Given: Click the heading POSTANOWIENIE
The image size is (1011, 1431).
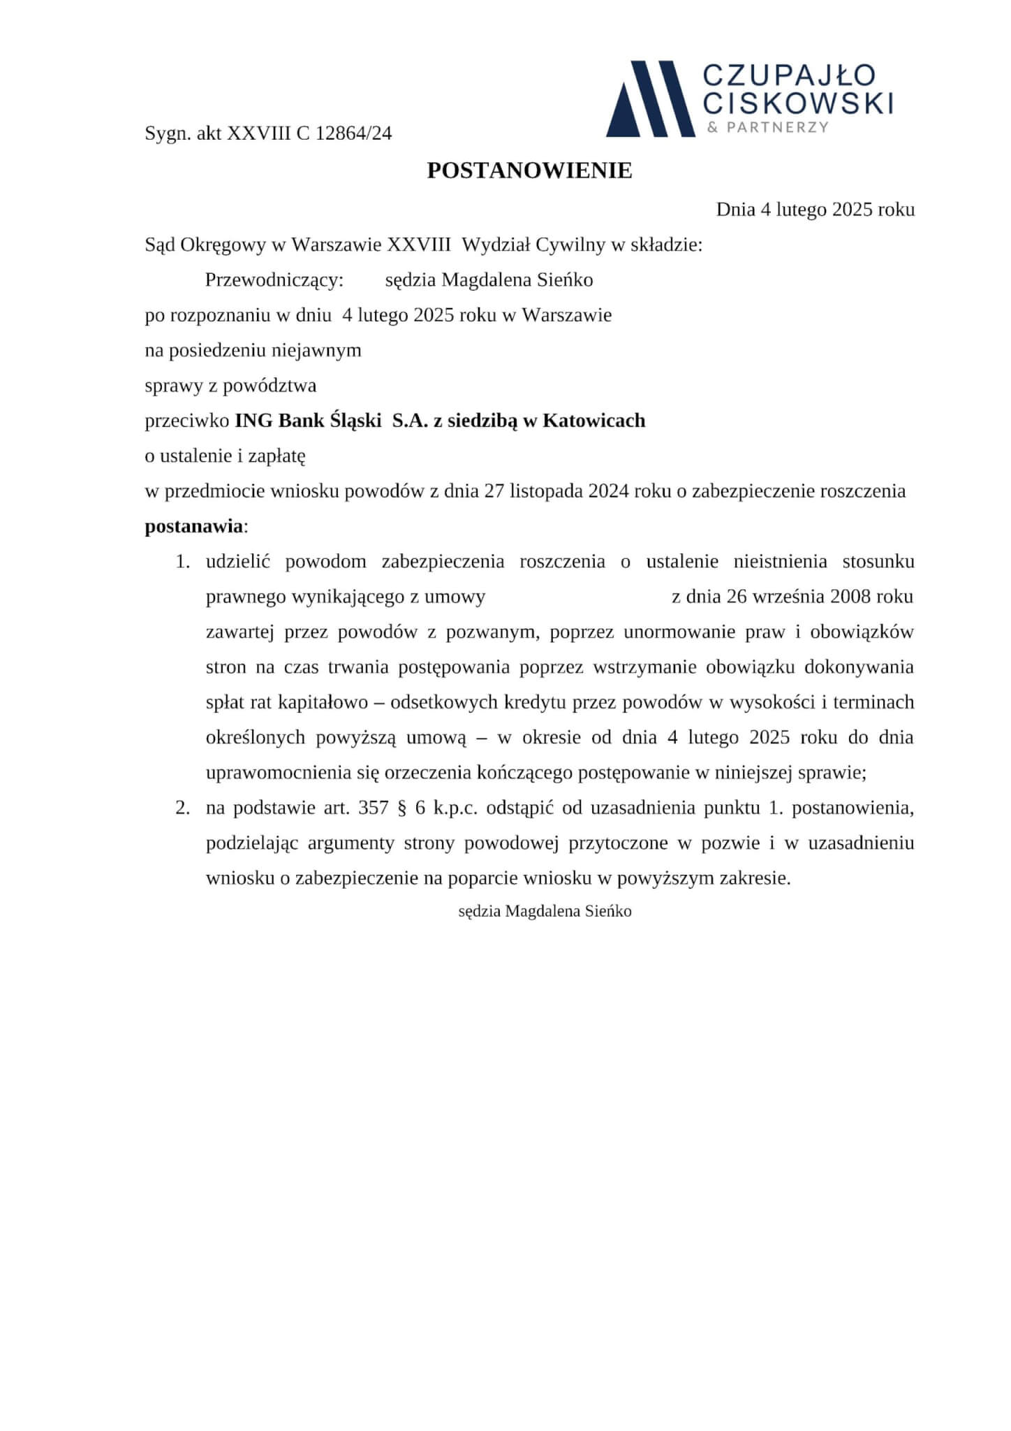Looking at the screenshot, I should coord(529,171).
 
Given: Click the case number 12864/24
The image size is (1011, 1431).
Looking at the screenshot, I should coord(353,133).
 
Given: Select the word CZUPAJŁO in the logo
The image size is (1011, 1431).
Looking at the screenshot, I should coord(789,75).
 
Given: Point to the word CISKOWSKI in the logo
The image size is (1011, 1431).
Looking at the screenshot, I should coord(797,103).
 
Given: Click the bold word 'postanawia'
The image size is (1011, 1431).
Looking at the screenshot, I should coord(193,526).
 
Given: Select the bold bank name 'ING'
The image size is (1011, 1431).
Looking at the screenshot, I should coord(254,421).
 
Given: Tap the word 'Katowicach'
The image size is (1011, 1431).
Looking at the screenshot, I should coord(594,421).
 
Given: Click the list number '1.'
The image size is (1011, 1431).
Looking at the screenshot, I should coord(182,562).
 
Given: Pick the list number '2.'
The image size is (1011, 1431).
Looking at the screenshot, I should coord(182,808).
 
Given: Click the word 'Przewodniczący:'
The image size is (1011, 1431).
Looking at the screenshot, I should coord(274,280).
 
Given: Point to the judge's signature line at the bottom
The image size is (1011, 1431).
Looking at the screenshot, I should coord(545,911).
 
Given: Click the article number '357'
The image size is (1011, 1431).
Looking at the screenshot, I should coord(373,808).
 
